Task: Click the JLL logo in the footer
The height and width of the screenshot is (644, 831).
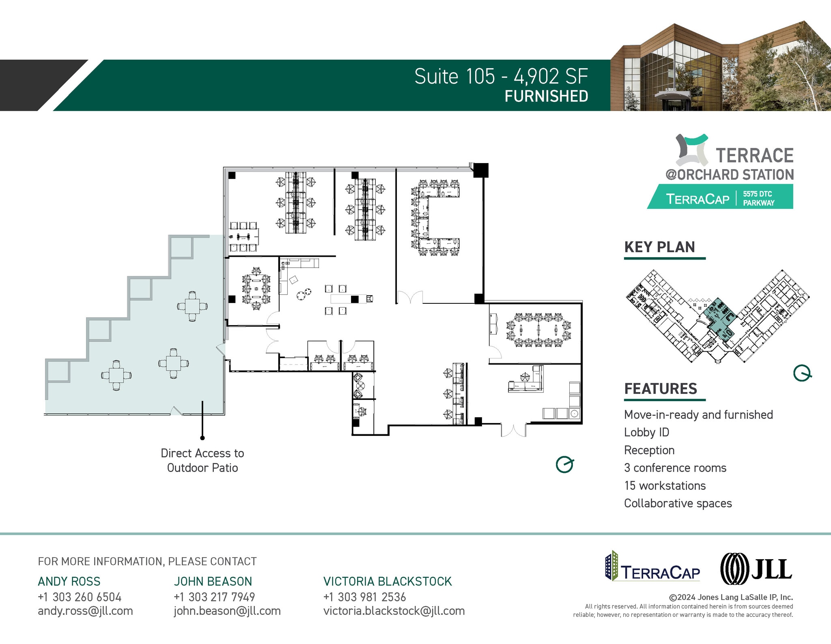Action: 756,569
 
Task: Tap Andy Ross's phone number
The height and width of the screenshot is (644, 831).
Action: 80,597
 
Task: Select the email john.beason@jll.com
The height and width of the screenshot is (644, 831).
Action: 227,611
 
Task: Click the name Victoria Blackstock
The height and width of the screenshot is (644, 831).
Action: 387,581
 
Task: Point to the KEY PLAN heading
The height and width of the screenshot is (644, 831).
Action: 659,247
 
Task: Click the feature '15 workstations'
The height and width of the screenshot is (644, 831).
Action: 665,485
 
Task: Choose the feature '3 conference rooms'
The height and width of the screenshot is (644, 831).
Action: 675,468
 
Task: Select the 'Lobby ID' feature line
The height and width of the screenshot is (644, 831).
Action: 646,432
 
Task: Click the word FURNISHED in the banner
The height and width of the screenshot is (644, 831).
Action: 546,97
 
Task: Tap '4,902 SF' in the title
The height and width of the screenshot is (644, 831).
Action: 551,76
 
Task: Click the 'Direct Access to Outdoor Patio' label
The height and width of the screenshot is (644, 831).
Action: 202,460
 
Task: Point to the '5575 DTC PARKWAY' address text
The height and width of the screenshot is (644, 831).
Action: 758,198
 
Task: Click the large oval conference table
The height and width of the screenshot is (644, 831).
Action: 538,330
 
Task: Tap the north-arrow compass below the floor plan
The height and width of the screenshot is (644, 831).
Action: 564,464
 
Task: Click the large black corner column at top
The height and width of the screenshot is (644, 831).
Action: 481,170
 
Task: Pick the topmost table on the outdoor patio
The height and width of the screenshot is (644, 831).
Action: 192,306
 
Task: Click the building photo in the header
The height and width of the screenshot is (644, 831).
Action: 720,67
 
